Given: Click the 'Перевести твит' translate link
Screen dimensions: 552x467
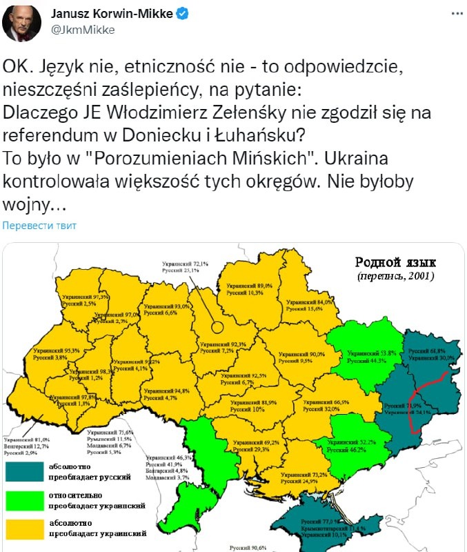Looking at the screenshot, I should coord(39,226).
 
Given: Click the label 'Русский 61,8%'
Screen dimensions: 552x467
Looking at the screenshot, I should coord(432,351).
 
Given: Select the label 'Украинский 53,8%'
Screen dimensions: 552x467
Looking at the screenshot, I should coord(372,353).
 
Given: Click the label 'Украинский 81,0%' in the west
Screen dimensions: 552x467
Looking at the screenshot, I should coord(26,439).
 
